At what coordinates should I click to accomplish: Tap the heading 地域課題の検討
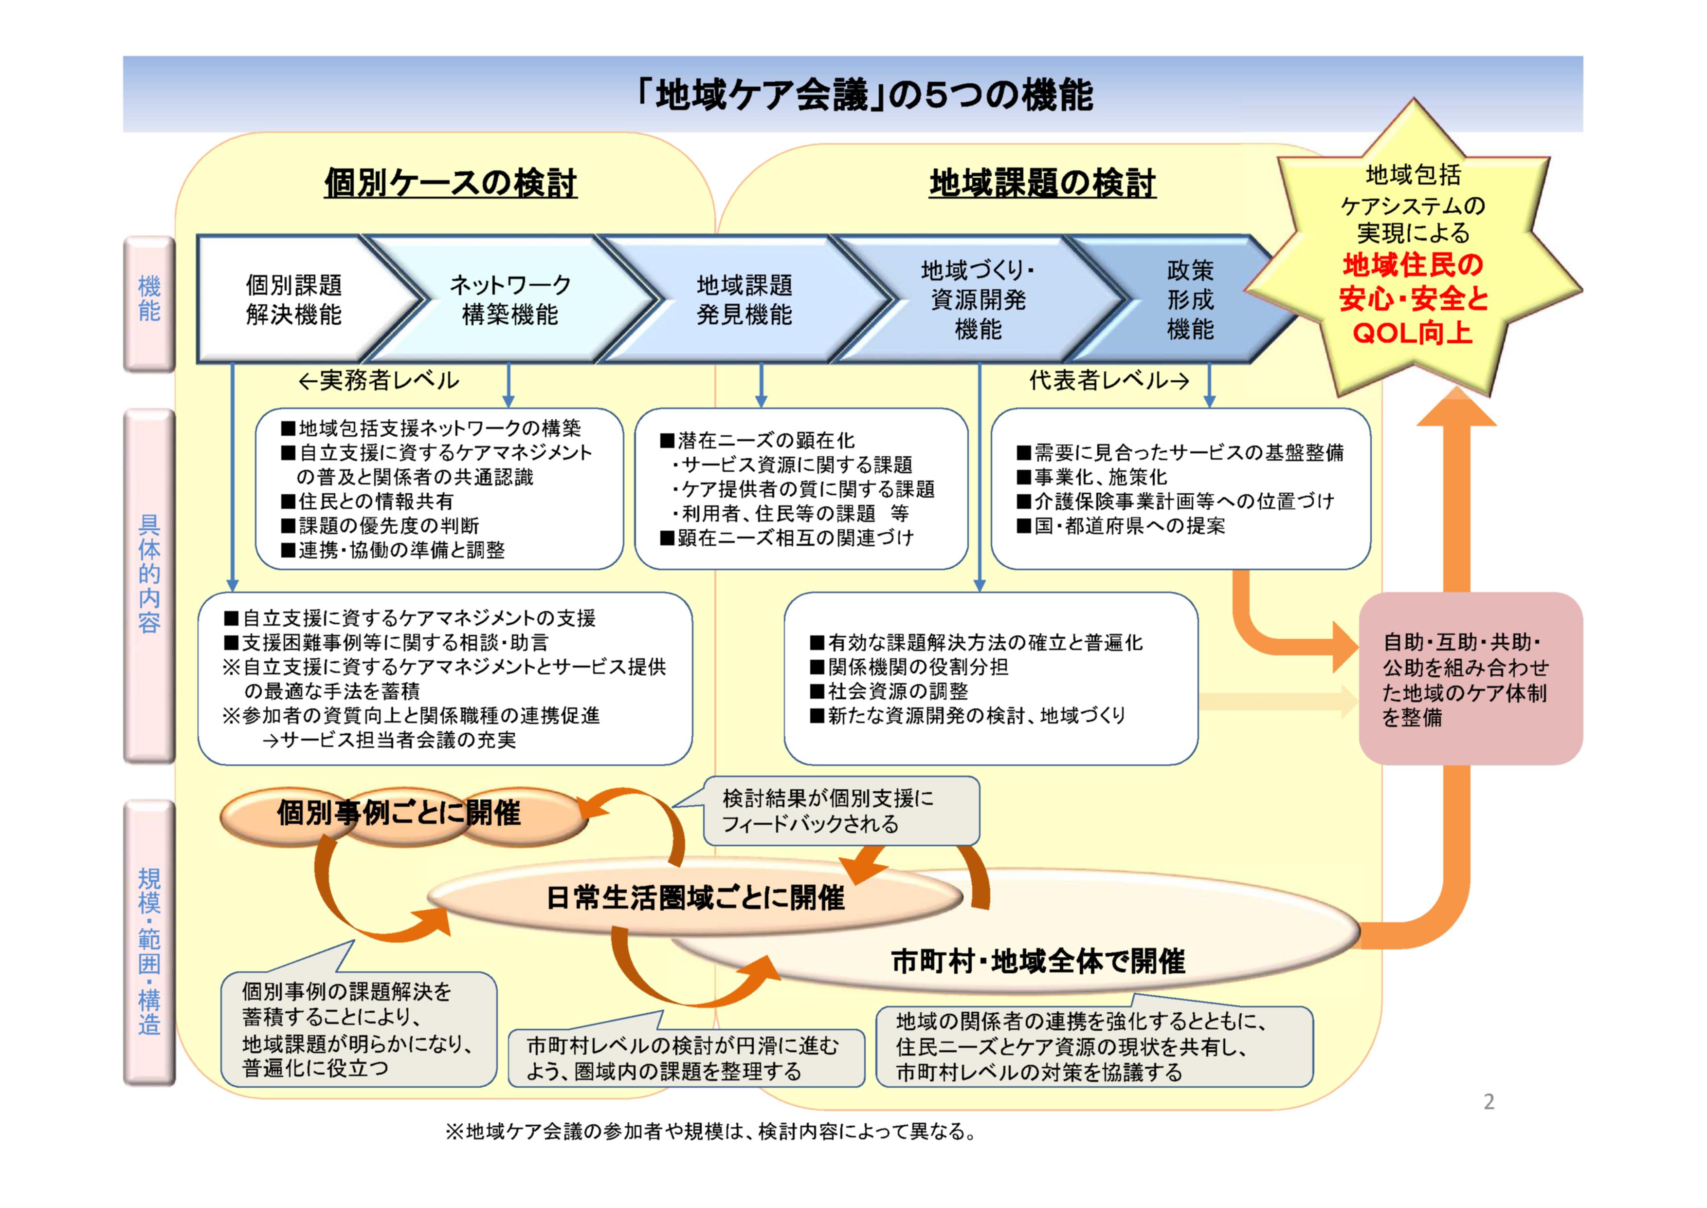(1042, 182)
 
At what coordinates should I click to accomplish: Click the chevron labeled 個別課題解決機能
(294, 300)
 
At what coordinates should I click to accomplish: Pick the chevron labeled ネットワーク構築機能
(509, 300)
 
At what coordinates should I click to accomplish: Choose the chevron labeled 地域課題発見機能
(744, 300)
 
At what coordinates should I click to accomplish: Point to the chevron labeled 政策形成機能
(1190, 300)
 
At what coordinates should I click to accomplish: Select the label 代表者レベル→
(1108, 381)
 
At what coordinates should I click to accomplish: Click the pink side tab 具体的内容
(149, 573)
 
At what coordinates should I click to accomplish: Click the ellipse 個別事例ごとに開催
(399, 813)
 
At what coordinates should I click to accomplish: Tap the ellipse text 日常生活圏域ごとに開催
(695, 898)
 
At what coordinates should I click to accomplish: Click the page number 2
(1489, 1102)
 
